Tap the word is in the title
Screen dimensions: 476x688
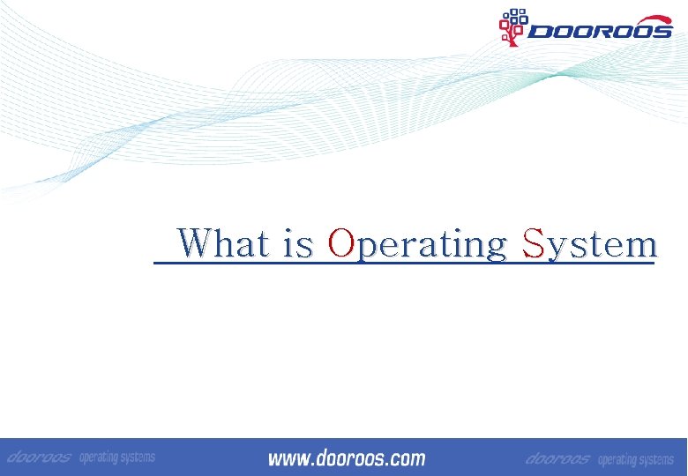click(298, 244)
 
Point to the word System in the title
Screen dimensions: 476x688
click(589, 244)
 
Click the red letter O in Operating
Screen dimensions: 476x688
click(340, 242)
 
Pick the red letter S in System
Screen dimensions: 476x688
click(533, 242)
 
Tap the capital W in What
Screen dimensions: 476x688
click(194, 242)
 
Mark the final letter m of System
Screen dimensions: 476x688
click(642, 246)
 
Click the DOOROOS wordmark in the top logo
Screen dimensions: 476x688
click(599, 32)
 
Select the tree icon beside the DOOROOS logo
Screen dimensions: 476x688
click(512, 26)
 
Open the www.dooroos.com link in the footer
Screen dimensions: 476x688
click(346, 458)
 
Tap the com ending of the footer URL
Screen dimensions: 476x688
click(406, 459)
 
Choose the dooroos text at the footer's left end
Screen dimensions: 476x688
click(39, 457)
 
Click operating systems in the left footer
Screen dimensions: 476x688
click(116, 457)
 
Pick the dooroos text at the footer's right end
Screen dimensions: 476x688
click(557, 459)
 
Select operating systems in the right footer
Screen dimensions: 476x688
click(635, 460)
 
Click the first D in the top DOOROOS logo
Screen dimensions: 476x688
click(540, 32)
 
